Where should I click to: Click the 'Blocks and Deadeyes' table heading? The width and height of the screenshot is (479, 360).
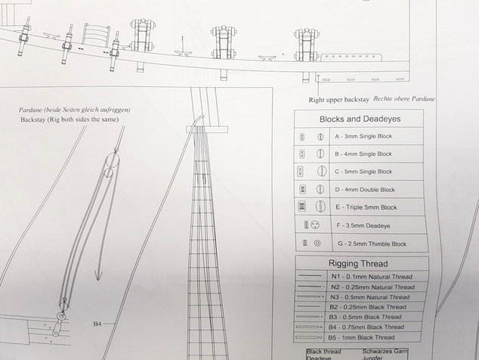pos(360,119)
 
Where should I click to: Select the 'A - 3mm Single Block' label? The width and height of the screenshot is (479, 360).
pos(363,136)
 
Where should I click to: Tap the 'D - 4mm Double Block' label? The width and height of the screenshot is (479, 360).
pos(365,190)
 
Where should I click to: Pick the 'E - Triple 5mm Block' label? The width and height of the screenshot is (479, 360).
pos(366,207)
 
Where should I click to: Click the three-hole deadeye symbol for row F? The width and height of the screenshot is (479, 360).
pos(315,225)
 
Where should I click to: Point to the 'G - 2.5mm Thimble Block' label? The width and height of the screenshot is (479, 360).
pos(372,244)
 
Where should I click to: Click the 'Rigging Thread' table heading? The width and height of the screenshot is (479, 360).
pos(358,263)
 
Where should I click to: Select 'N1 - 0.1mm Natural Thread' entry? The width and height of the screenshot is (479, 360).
pos(372,277)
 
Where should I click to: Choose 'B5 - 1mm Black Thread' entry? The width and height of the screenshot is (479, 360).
pos(361,337)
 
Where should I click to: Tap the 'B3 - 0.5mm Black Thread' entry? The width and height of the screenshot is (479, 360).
pos(365,317)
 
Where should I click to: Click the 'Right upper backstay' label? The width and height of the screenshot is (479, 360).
pos(338,100)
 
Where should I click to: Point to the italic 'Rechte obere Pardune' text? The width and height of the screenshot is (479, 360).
pos(404,99)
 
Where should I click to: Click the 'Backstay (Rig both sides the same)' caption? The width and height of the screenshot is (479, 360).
pos(70,119)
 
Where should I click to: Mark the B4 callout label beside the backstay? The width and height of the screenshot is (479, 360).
pos(97,324)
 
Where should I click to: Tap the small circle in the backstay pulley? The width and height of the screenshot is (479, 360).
pos(108,172)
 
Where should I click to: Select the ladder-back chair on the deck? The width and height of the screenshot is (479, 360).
pos(96,35)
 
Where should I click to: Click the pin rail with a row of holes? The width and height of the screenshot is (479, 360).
pos(351,57)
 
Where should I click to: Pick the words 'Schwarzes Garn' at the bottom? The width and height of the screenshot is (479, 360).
pos(385,352)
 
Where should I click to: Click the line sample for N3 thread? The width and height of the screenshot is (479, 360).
pos(310,296)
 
